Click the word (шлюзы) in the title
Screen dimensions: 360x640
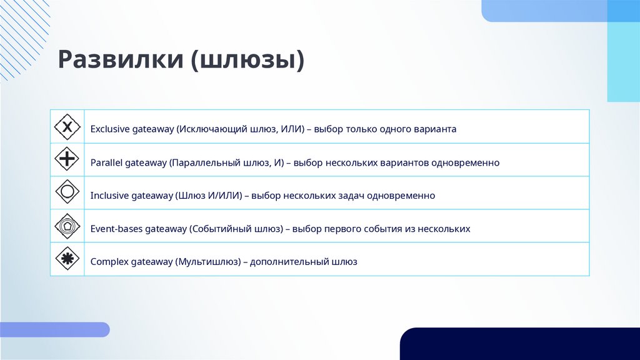247,61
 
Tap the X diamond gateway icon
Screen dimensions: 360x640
67,127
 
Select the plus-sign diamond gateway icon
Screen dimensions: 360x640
67,160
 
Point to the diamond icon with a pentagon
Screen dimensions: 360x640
67,226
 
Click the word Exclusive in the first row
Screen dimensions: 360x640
109,129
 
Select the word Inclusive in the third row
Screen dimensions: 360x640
109,196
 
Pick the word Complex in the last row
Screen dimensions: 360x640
109,262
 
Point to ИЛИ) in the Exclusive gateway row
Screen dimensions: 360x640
291,129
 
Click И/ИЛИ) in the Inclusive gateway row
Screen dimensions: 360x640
224,196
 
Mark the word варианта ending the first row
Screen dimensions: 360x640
434,129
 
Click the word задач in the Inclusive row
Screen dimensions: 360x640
350,196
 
